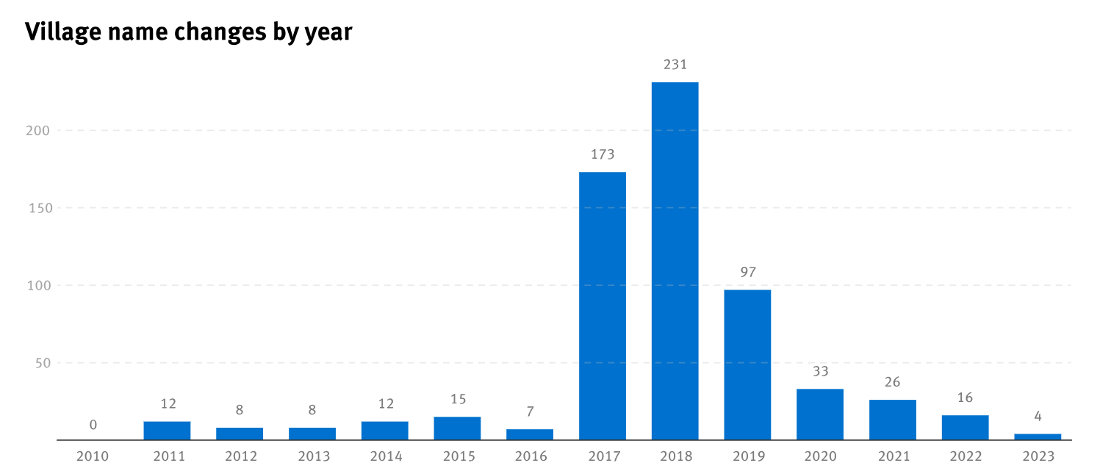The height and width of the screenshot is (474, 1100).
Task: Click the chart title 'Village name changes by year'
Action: click(189, 32)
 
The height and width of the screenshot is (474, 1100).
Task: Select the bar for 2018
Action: click(675, 261)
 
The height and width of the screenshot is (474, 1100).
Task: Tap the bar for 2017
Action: click(603, 306)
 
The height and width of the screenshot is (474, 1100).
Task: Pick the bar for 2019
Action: click(747, 365)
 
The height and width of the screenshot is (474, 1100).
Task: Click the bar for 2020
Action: click(820, 414)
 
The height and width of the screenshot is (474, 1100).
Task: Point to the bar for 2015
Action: click(457, 428)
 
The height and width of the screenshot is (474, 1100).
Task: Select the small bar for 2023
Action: click(1038, 437)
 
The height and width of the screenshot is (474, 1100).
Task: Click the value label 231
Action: click(675, 65)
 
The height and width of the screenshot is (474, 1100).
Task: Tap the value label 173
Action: click(603, 155)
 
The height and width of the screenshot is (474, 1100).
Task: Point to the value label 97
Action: click(747, 273)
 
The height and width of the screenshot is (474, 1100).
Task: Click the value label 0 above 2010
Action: click(93, 425)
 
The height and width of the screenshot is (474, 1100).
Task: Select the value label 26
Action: click(893, 382)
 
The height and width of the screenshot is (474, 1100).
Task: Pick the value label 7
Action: click(530, 412)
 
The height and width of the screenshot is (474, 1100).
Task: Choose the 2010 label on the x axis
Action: click(93, 456)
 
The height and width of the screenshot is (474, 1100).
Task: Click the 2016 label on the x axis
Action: click(531, 456)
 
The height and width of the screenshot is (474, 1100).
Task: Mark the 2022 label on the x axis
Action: click(966, 456)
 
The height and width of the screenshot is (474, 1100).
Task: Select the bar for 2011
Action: click(167, 431)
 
